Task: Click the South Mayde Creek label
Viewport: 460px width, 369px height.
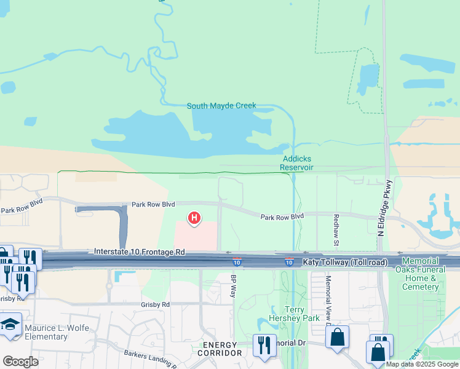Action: point(221,106)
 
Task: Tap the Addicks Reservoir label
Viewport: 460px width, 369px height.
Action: point(297,162)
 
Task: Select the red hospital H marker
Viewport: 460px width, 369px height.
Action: point(194,218)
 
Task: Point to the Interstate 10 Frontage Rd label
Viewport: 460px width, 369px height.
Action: point(140,252)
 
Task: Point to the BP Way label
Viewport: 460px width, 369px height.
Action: point(234,287)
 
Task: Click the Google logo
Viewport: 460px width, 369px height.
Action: point(20,362)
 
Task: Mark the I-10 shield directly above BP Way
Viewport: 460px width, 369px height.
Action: point(237,262)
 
